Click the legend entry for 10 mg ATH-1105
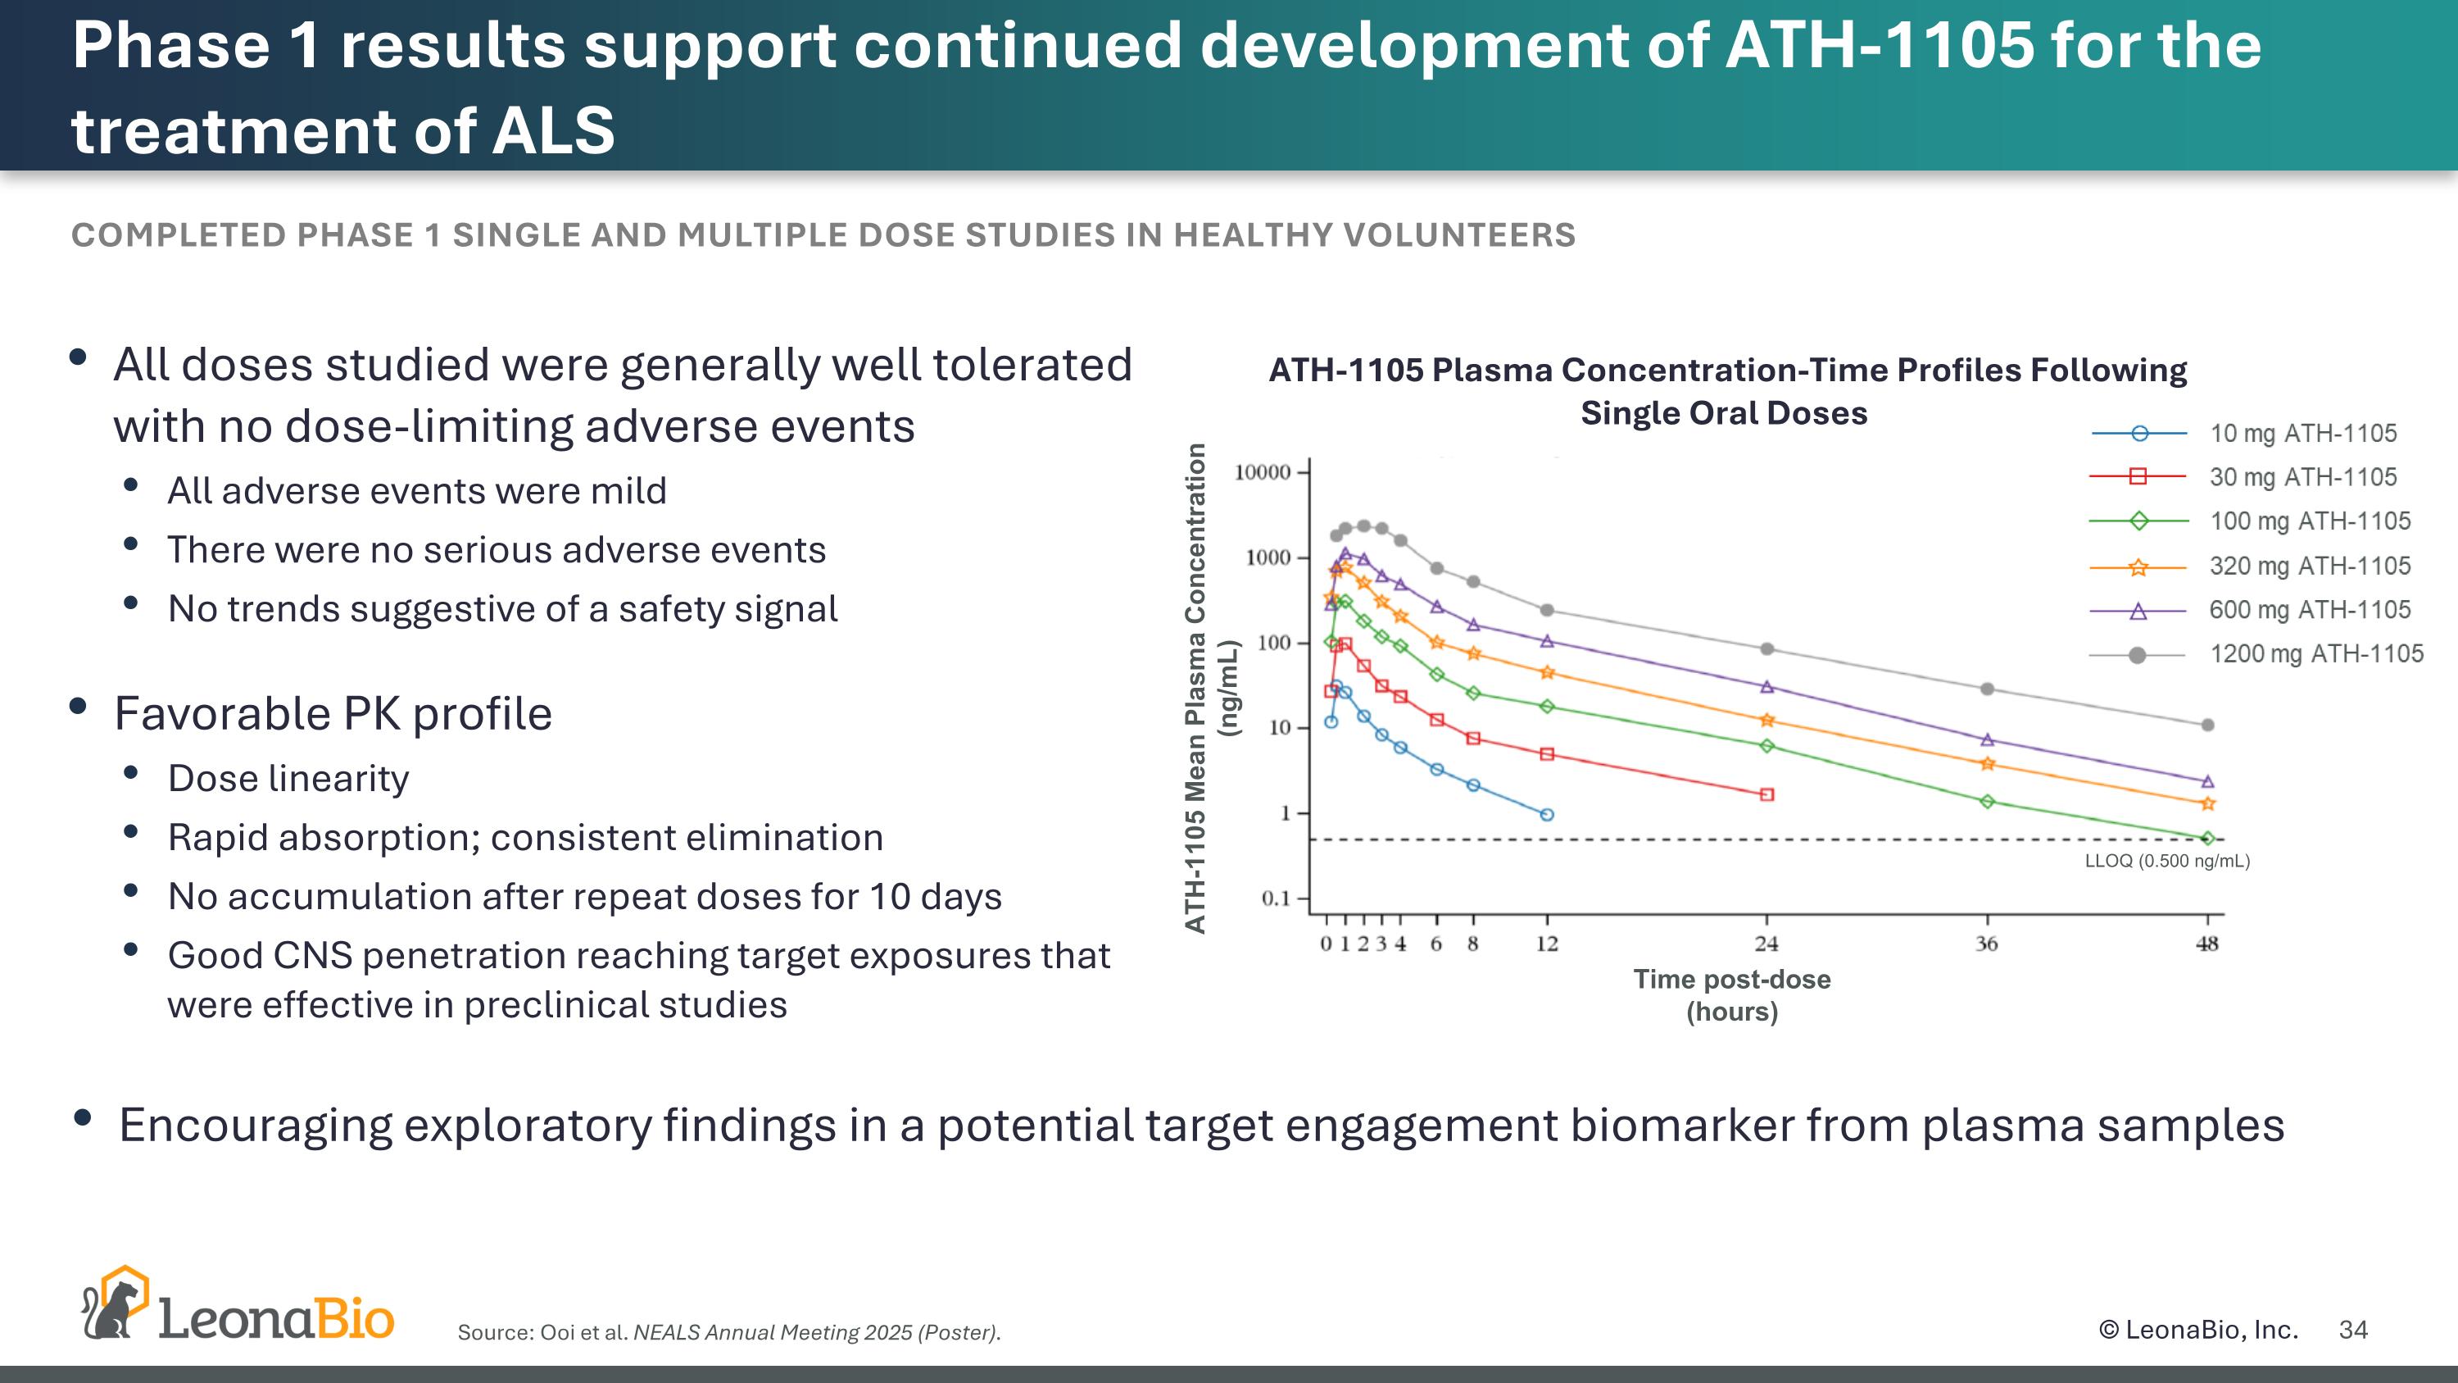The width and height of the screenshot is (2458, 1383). (2302, 434)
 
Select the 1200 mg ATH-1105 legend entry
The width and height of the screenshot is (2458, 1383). (2315, 654)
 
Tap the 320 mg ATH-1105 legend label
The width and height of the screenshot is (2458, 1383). (2309, 566)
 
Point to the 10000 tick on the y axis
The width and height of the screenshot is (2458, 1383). (1262, 471)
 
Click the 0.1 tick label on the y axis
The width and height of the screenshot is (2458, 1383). (1275, 898)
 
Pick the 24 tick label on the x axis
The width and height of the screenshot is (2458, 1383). (1766, 944)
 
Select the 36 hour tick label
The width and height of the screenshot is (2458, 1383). (1987, 944)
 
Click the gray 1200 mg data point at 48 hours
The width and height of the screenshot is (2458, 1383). (2207, 726)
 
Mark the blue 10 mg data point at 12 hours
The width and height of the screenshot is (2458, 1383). (1547, 814)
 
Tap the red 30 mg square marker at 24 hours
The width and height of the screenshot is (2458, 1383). (1767, 794)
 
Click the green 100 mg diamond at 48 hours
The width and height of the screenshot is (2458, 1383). (2207, 838)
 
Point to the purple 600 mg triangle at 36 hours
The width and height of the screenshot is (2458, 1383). (1988, 739)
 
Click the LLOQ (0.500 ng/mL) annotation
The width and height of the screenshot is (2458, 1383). (2167, 861)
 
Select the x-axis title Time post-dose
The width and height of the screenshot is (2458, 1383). (1732, 980)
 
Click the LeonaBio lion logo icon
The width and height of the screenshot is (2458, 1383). (115, 1305)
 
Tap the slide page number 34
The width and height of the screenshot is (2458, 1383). (2353, 1330)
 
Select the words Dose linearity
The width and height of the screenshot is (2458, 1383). (288, 779)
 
